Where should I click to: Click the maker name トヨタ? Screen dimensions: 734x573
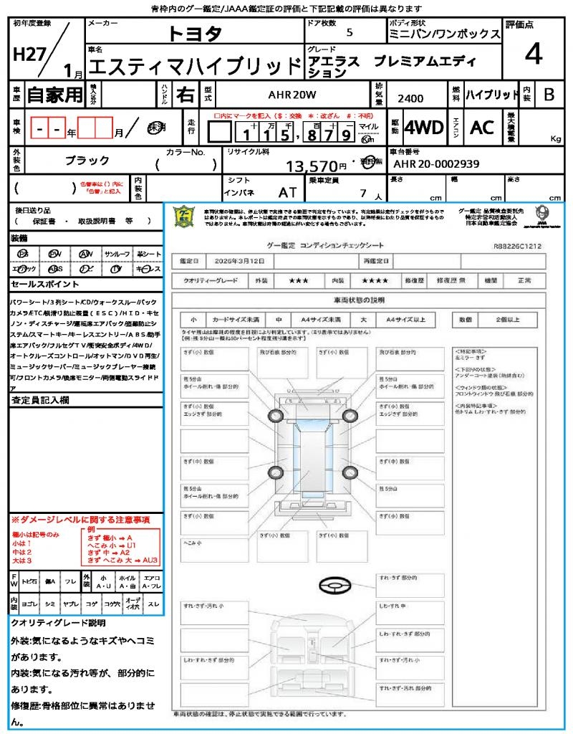(x=195, y=33)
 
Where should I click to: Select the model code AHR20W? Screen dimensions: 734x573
(x=292, y=94)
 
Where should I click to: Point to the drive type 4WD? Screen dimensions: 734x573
(x=423, y=128)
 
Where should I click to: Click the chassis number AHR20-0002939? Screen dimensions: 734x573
(x=436, y=164)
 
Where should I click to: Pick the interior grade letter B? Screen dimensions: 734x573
(x=549, y=94)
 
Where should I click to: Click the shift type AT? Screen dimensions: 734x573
(x=287, y=192)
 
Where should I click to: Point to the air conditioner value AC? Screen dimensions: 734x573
(x=482, y=128)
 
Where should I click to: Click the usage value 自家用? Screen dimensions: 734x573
(x=55, y=95)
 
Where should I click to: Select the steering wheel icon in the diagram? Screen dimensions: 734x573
(x=334, y=586)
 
